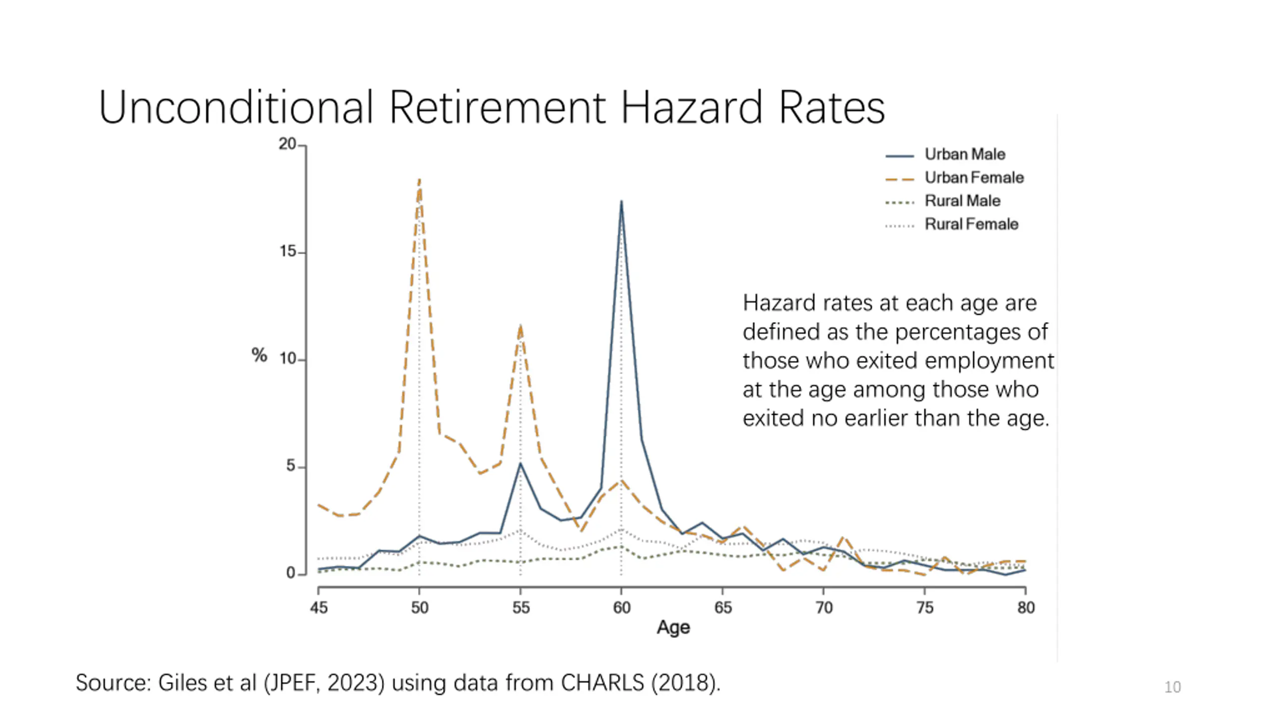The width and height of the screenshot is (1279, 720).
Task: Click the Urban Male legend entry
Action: click(x=964, y=154)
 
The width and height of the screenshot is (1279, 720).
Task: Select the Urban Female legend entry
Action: click(x=974, y=177)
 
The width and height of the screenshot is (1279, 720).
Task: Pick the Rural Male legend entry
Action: click(x=962, y=201)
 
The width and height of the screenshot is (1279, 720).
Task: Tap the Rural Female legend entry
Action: click(x=971, y=224)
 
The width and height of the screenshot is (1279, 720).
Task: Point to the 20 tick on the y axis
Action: click(x=288, y=144)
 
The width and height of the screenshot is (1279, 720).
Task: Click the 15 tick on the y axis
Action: click(x=288, y=251)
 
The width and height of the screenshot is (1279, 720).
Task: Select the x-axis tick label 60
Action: click(x=622, y=607)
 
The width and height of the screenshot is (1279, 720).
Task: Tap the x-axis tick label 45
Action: click(x=319, y=607)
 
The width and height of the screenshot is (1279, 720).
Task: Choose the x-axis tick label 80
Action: click(x=1026, y=607)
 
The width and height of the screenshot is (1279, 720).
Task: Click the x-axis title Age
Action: click(x=673, y=627)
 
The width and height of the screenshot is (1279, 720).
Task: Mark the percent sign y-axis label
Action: click(x=259, y=355)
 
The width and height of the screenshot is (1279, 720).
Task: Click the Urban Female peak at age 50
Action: click(x=419, y=179)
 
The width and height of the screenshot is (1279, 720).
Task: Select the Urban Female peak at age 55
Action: click(x=521, y=326)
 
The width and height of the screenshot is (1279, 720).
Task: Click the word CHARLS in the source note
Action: click(x=602, y=683)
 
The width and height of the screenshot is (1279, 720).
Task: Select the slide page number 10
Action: click(x=1172, y=687)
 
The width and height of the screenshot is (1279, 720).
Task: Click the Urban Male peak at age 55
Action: click(x=521, y=463)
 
